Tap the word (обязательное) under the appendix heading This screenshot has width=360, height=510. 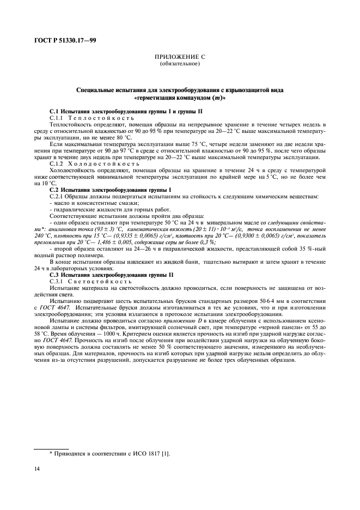click(x=180, y=64)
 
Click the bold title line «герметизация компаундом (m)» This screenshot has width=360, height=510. click(x=180, y=99)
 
